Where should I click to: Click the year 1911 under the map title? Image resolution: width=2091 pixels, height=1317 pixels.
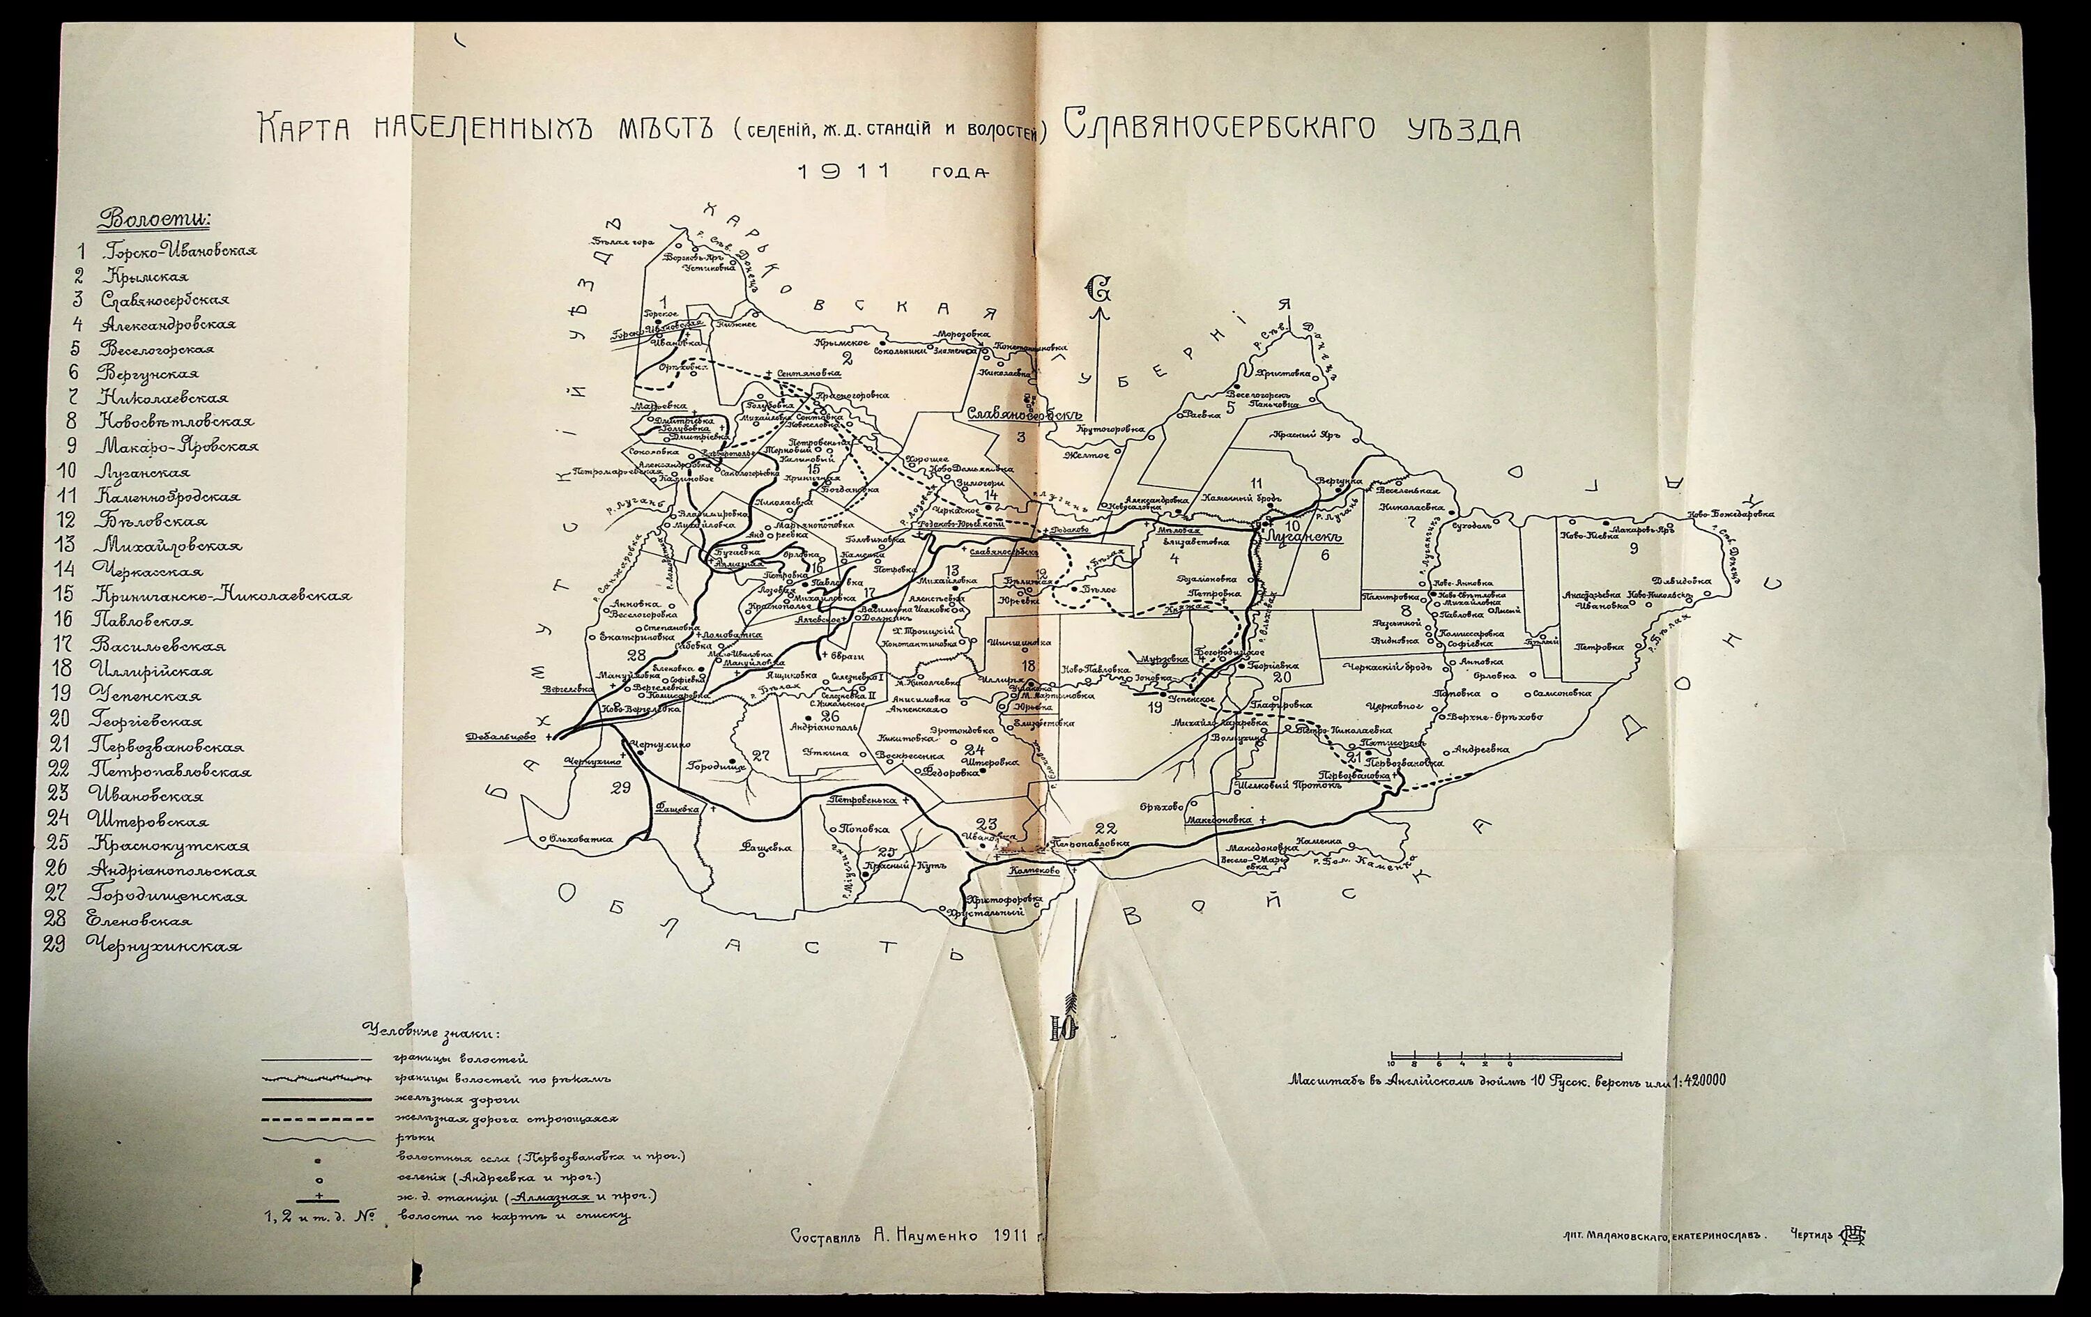pyautogui.click(x=844, y=171)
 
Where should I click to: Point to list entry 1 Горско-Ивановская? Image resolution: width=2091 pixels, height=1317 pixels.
pyautogui.click(x=178, y=251)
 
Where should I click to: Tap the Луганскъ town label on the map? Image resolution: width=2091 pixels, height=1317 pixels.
pyautogui.click(x=1304, y=537)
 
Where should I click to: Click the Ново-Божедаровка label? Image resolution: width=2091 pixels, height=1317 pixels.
pyautogui.click(x=1730, y=513)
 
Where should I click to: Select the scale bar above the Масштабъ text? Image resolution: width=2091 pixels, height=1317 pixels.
pyautogui.click(x=1505, y=1057)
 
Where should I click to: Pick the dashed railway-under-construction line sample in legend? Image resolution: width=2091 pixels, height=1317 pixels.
pyautogui.click(x=317, y=1118)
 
